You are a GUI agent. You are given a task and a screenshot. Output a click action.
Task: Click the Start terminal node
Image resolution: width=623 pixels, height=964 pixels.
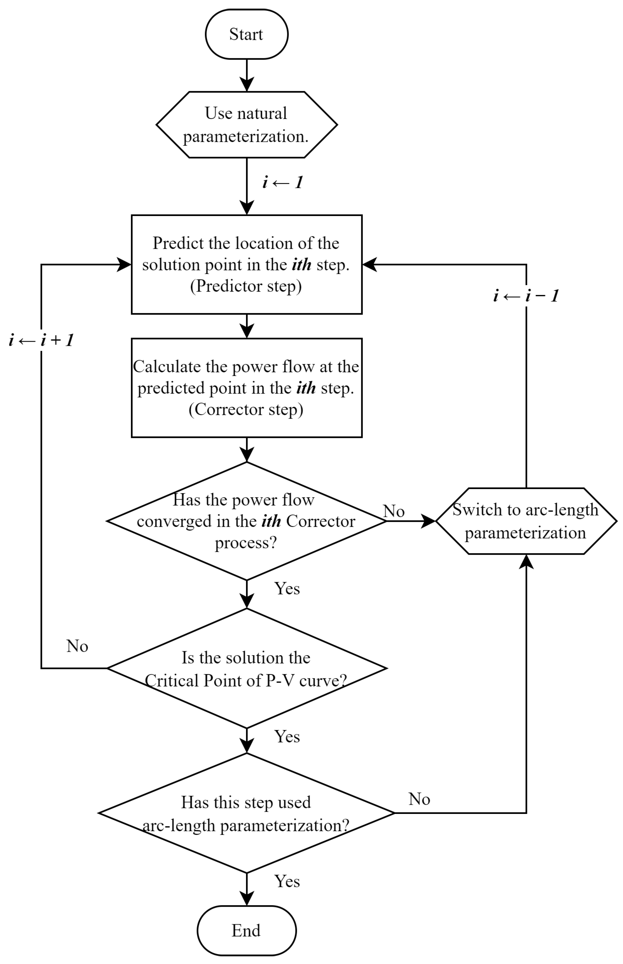(246, 35)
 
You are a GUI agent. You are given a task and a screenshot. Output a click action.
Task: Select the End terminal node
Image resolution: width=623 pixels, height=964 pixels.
(246, 930)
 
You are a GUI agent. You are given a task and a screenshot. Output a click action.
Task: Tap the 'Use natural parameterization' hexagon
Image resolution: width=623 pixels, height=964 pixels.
(246, 125)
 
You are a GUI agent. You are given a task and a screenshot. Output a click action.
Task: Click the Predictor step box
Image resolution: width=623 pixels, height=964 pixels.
(246, 264)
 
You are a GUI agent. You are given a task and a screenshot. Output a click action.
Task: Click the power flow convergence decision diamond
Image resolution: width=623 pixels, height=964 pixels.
(246, 521)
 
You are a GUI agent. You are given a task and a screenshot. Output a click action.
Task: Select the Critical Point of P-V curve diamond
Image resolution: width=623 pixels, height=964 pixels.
(246, 668)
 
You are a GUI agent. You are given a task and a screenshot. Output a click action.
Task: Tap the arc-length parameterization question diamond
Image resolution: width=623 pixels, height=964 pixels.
(246, 813)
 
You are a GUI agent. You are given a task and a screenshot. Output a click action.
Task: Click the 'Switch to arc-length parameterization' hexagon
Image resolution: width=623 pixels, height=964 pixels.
(526, 521)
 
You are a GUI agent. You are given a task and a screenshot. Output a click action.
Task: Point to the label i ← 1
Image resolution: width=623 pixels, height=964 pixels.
(283, 182)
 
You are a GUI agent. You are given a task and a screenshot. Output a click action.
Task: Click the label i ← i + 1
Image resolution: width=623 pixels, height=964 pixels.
(41, 340)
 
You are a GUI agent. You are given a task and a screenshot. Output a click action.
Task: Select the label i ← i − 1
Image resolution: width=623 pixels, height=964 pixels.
(526, 296)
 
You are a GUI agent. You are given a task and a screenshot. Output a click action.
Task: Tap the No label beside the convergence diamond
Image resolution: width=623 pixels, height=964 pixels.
(394, 511)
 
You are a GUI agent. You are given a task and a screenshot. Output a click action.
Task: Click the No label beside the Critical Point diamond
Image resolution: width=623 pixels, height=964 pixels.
(77, 647)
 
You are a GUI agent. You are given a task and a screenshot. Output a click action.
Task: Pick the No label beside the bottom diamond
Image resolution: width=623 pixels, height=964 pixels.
(419, 799)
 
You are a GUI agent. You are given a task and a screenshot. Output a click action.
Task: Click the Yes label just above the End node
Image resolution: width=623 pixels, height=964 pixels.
(287, 881)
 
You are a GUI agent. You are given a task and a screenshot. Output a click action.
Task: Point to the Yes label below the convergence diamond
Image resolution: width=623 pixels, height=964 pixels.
(287, 589)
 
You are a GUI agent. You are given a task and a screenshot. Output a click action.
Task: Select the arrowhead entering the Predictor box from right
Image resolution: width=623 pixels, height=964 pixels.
(369, 264)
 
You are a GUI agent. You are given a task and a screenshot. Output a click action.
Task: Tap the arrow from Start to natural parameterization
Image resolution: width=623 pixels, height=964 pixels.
(246, 75)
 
